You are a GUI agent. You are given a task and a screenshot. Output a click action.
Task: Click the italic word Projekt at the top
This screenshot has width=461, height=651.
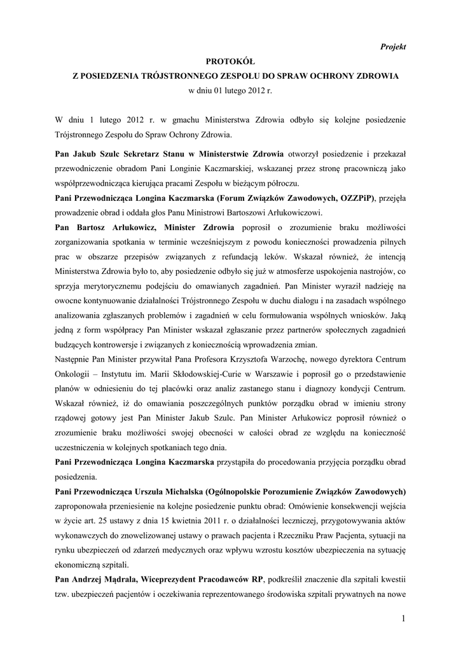[x=393, y=46]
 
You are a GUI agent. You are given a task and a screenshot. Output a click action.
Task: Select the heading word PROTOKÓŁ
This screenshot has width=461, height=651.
[x=230, y=62]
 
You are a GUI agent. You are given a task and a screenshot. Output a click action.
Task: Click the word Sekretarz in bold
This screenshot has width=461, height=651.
[x=130, y=153]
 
